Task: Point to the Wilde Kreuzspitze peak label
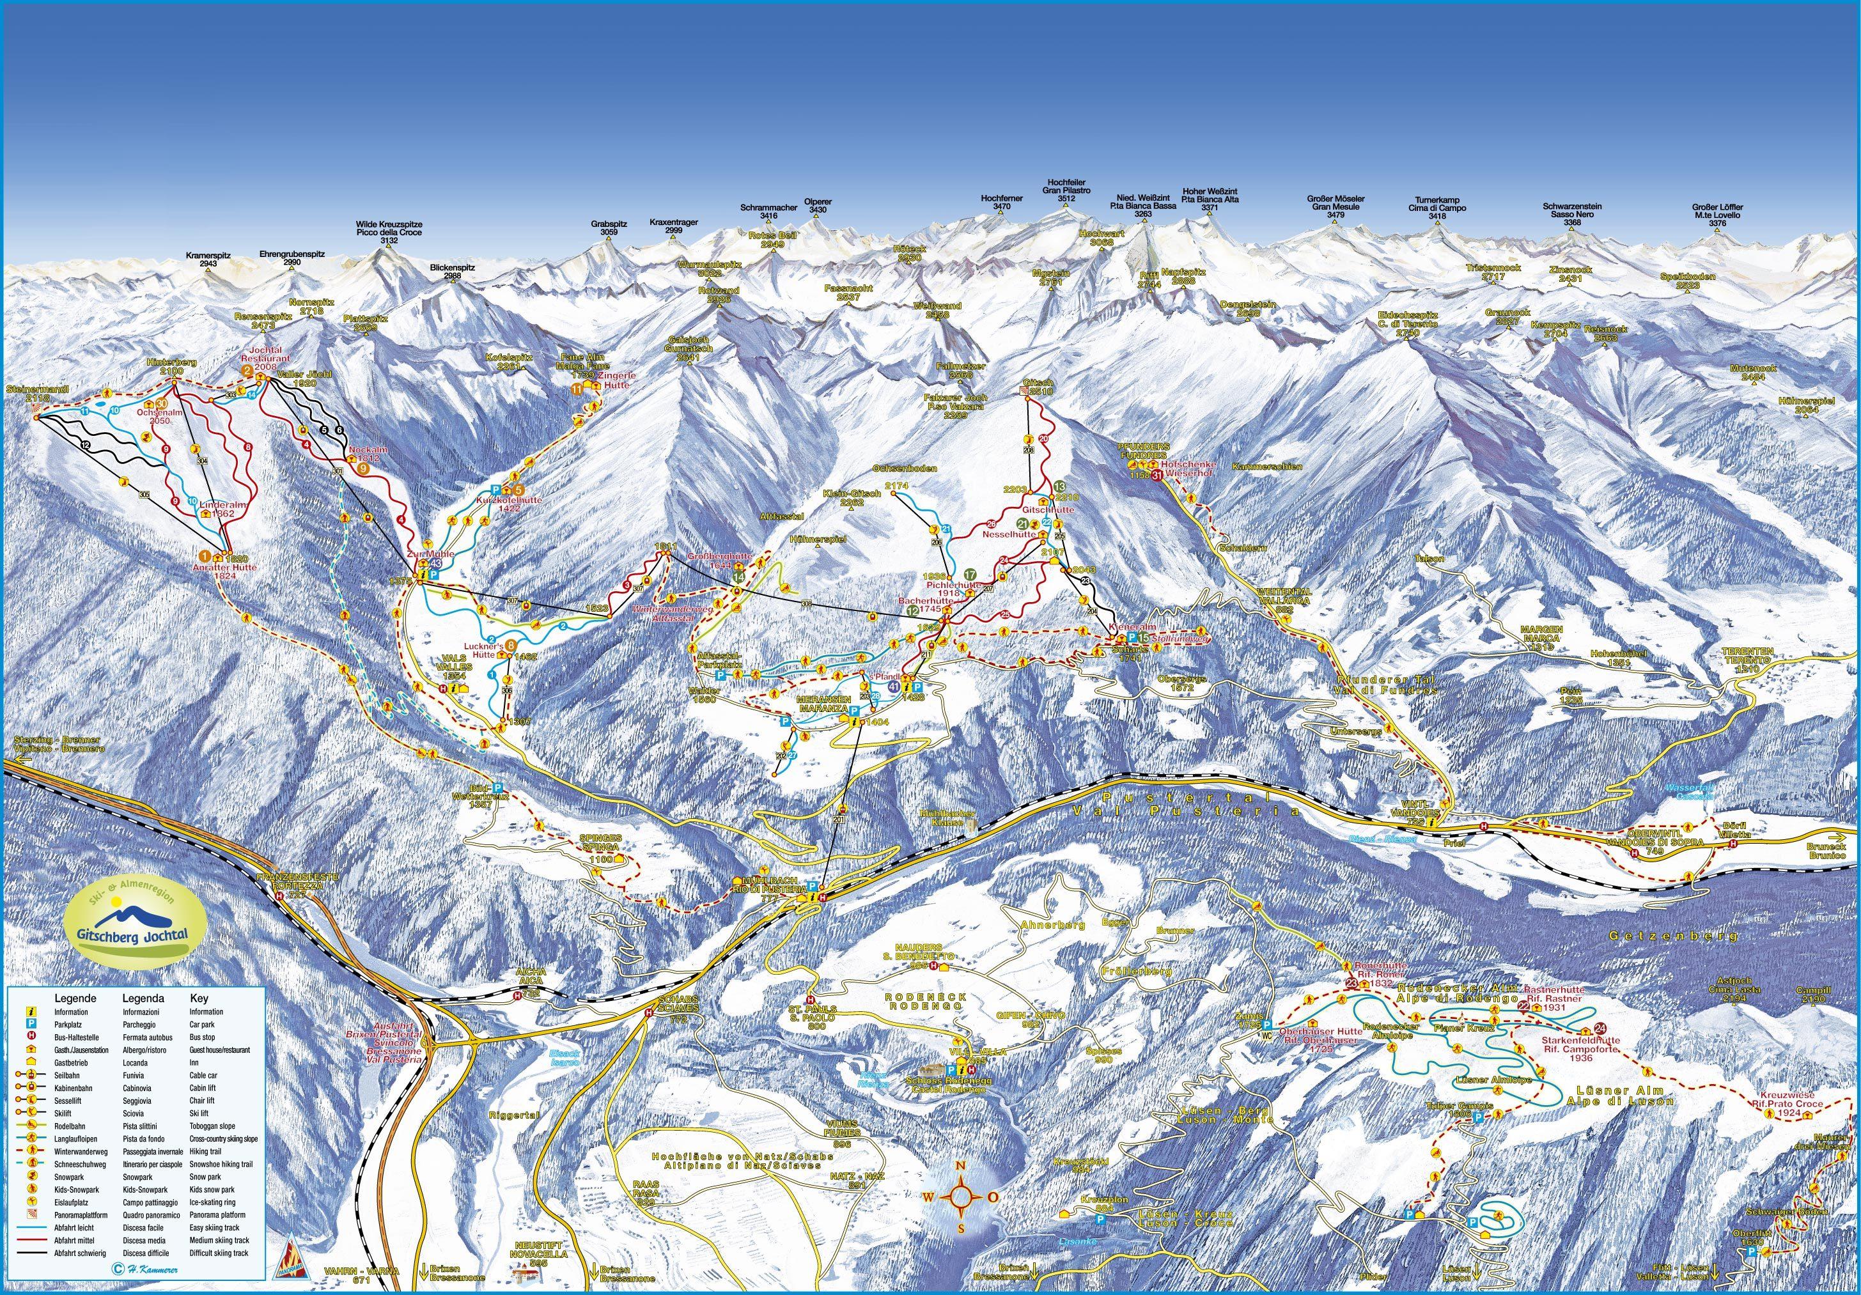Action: (x=389, y=232)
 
